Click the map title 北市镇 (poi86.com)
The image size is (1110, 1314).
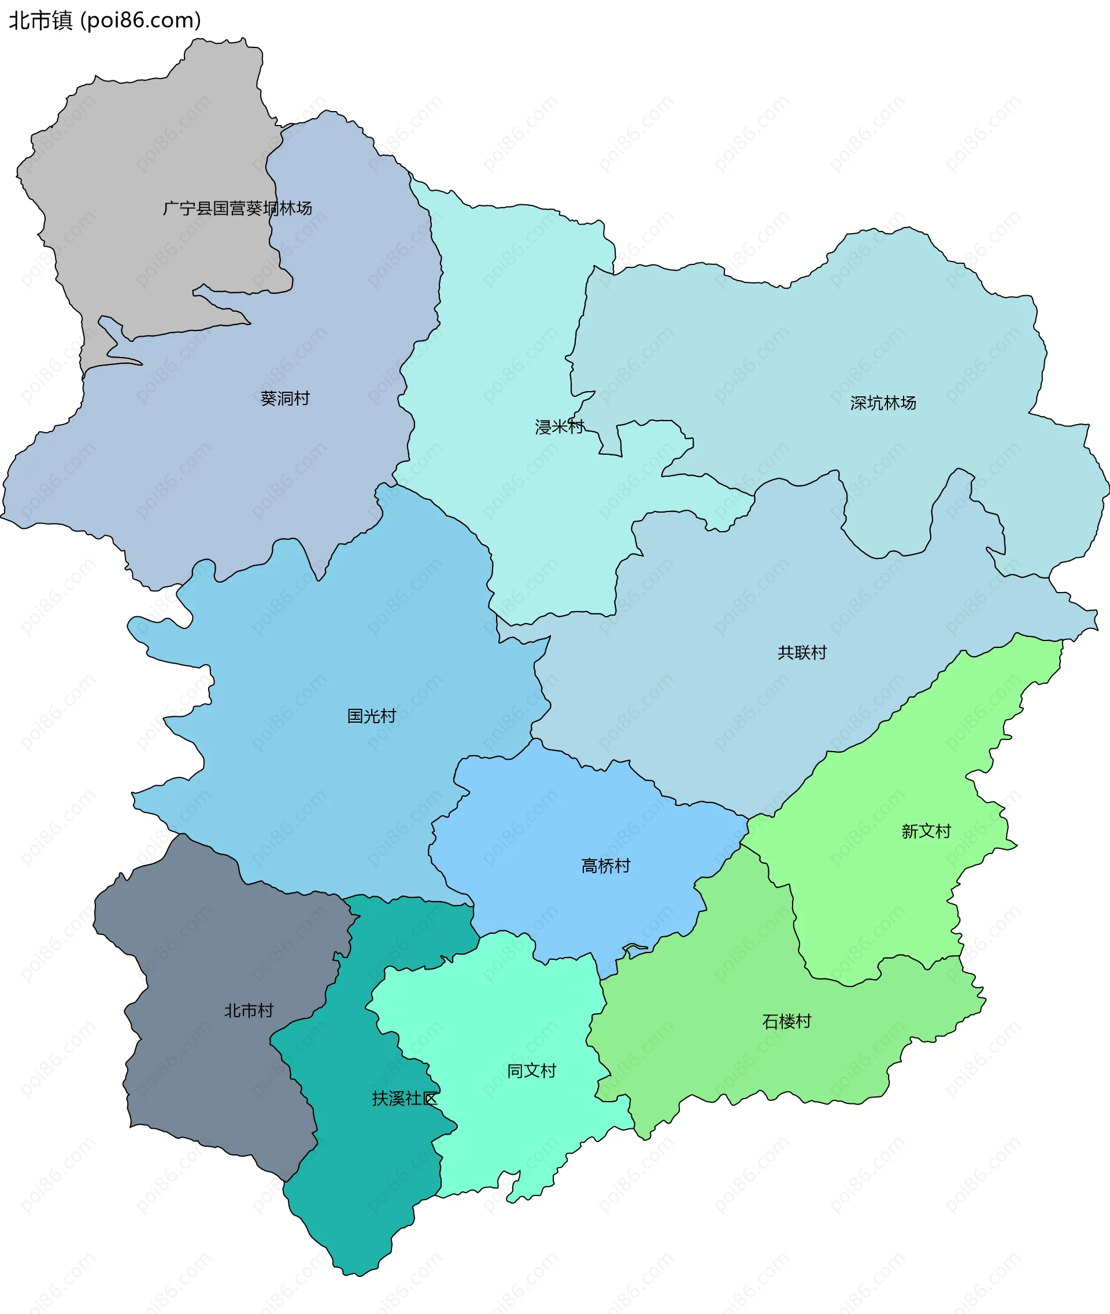105,20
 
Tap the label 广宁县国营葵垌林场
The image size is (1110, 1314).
237,208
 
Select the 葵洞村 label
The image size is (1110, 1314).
285,398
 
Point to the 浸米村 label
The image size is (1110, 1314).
560,426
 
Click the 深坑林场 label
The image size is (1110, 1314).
883,402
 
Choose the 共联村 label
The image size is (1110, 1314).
802,652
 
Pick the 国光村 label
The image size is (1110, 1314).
371,715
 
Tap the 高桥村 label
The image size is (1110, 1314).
605,866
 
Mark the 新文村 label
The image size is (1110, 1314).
926,831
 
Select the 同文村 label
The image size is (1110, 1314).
532,1070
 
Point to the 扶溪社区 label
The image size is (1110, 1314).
405,1098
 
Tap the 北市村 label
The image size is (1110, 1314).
249,1011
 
